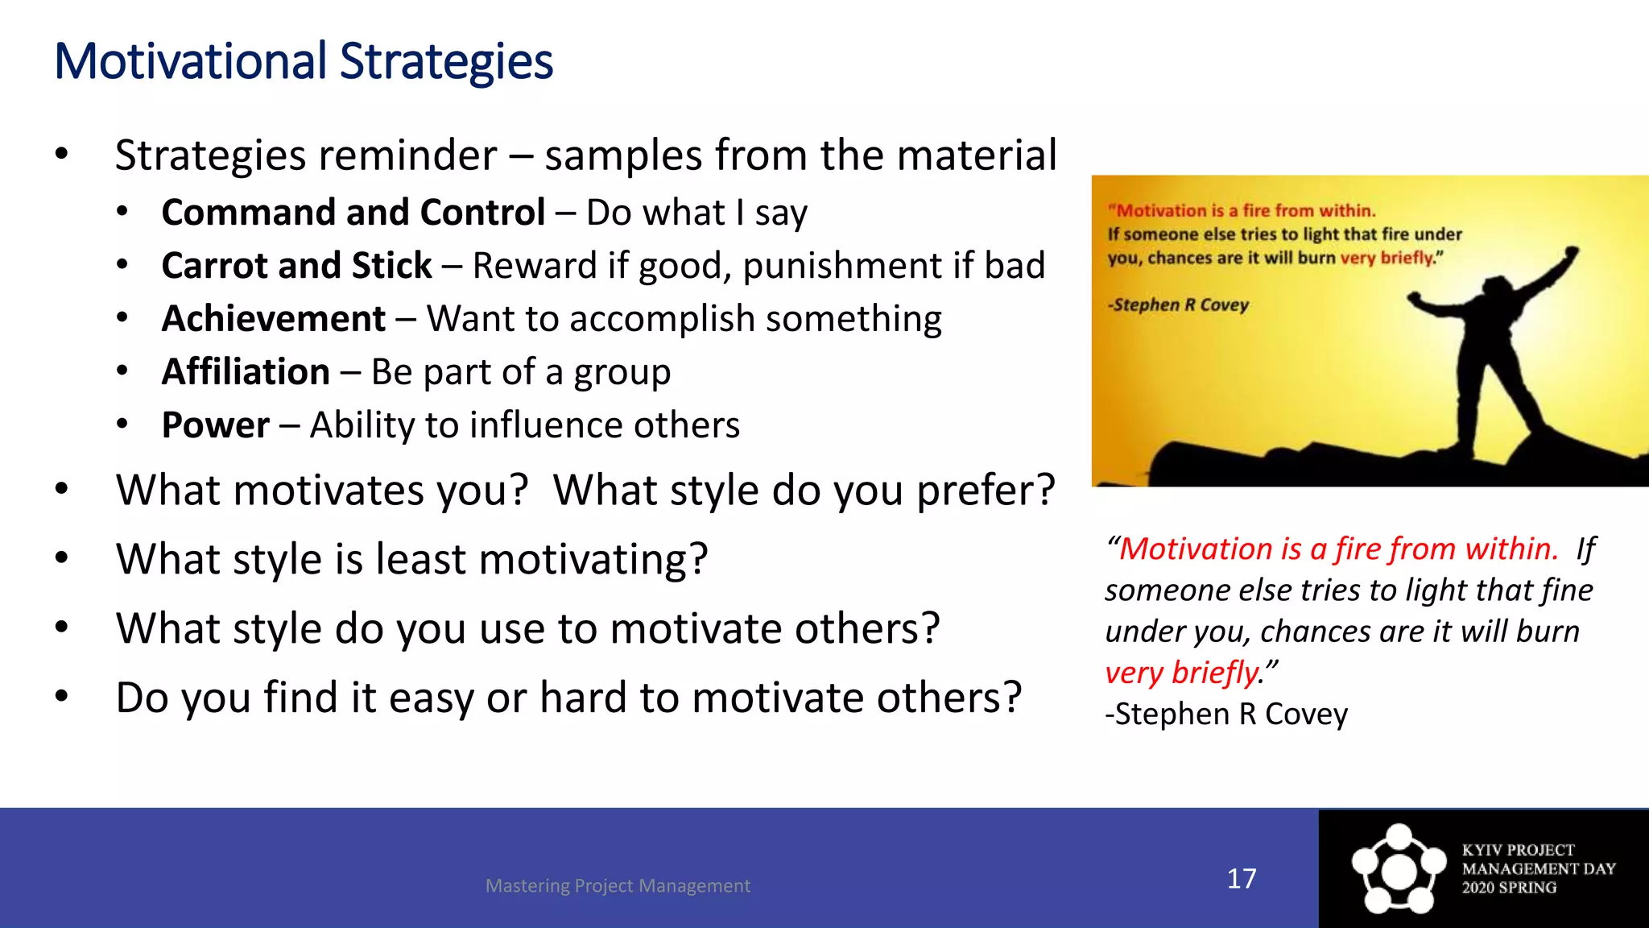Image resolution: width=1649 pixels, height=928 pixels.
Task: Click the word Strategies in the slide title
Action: coord(446,63)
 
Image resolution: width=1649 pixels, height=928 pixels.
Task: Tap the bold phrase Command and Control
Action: coord(353,213)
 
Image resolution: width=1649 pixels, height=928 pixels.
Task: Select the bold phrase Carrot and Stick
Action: coord(296,266)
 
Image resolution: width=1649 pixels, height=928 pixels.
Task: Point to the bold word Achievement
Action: coord(274,319)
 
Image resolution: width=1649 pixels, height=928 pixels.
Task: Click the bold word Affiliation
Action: coord(246,372)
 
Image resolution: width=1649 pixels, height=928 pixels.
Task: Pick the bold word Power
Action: coord(215,425)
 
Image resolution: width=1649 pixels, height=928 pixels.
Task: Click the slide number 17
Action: coord(1241,878)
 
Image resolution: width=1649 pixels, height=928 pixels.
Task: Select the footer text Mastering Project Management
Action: coord(618,885)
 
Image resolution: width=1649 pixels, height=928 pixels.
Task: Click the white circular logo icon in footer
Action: coord(1399,870)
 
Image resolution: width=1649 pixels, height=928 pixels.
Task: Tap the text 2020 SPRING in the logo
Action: coord(1509,888)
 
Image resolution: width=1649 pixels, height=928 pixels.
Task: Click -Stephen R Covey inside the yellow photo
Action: coord(1178,304)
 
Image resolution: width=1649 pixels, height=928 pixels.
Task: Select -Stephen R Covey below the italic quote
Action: coord(1225,715)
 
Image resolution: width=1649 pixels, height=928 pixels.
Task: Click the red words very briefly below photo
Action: coord(1180,673)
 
